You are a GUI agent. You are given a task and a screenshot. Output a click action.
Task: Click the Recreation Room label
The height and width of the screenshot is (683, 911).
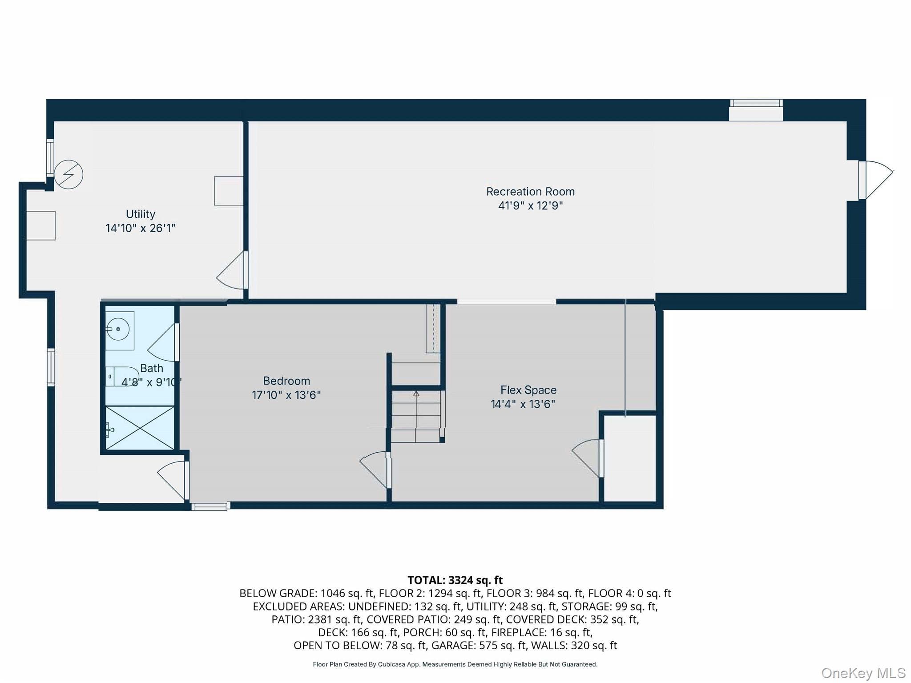pos(530,192)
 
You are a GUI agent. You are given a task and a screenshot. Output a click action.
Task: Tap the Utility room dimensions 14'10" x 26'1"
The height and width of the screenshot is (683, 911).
pos(140,228)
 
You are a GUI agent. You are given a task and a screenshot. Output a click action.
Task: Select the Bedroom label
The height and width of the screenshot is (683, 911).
pos(286,381)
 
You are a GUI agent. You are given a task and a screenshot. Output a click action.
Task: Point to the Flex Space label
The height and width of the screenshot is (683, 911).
pos(528,390)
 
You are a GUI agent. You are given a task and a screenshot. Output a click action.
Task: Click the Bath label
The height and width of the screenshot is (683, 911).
pos(152,368)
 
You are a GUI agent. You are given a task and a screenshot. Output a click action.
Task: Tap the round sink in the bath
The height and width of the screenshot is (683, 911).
pos(118,329)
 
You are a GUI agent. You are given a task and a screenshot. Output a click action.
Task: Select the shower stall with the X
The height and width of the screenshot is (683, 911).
pos(140,428)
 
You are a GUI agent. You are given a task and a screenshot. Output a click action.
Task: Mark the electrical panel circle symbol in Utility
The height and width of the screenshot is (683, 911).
pos(69,174)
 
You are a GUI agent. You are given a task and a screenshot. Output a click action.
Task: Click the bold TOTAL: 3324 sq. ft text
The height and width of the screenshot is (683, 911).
pos(455,580)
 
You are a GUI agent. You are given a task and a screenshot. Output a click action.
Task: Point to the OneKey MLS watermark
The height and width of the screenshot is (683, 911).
pos(863,673)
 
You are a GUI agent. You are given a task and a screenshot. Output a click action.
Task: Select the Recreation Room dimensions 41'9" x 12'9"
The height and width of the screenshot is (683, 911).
pos(530,205)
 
